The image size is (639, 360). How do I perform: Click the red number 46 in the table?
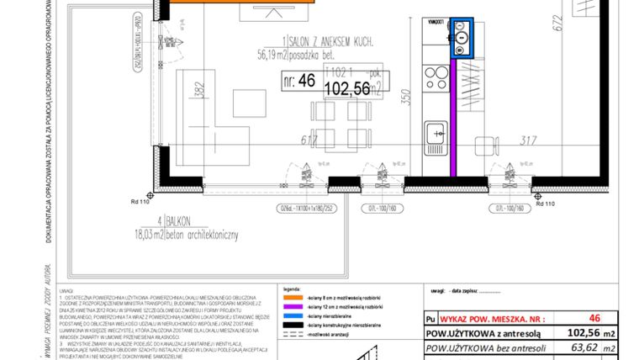coord(594,319)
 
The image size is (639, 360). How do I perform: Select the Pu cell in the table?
coord(431,320)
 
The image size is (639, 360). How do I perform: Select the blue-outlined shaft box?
coord(462,38)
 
